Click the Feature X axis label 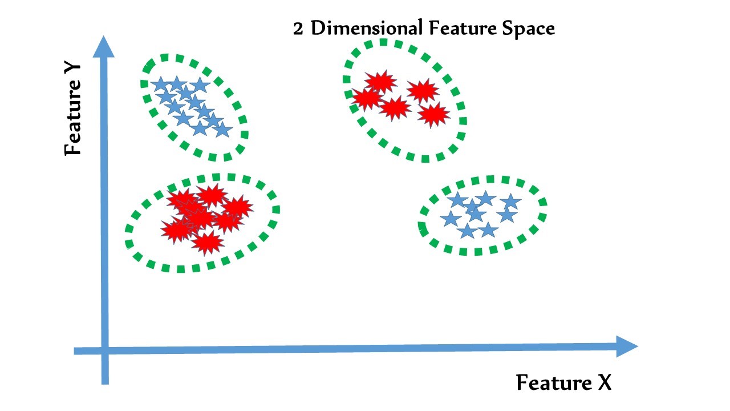pos(563,383)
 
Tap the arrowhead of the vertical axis pos(103,47)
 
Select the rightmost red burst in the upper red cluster pos(433,115)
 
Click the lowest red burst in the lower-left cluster pos(206,243)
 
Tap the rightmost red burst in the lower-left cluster pos(237,207)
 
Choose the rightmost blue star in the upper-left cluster pos(222,131)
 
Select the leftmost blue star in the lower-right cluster pos(451,219)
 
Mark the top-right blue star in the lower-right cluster pos(511,201)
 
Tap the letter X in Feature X pos(604,383)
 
